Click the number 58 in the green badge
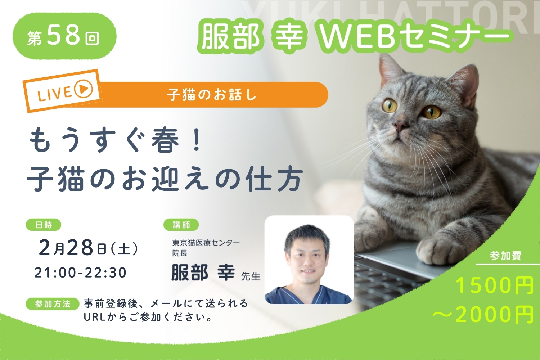click(64, 36)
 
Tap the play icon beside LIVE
click(84, 89)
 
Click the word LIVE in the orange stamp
click(54, 94)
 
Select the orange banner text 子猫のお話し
click(211, 95)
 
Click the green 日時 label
click(44, 225)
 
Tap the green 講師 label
click(181, 225)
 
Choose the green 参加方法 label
click(53, 304)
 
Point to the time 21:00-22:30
click(81, 273)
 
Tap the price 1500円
click(494, 286)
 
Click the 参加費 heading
click(505, 256)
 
